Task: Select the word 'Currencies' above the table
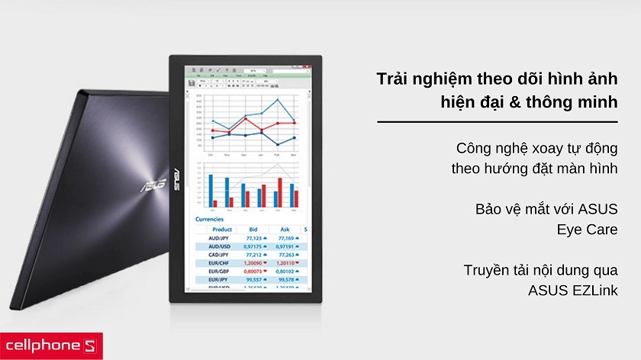click(x=211, y=219)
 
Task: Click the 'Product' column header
click(x=222, y=229)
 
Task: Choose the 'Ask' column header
click(x=285, y=229)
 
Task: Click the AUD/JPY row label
click(x=221, y=239)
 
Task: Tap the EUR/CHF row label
click(x=221, y=262)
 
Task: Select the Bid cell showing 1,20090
click(x=253, y=262)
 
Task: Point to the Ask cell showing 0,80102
click(x=285, y=271)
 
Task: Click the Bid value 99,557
click(x=253, y=279)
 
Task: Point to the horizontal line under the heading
click(x=498, y=121)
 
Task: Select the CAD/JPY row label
click(x=221, y=255)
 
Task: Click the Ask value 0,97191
click(x=285, y=246)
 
